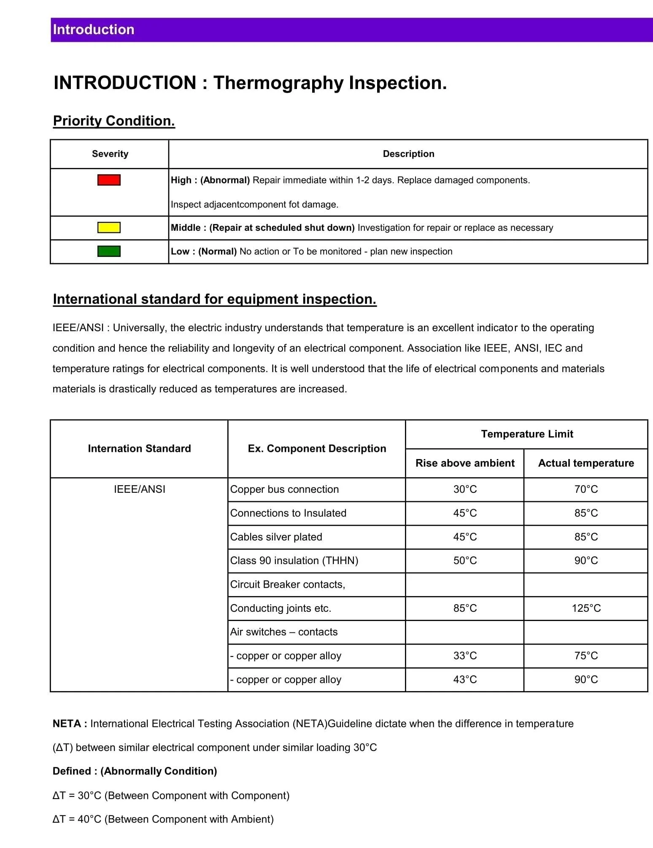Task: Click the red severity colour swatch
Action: [109, 180]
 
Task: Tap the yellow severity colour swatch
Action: [109, 228]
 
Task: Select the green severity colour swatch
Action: [109, 251]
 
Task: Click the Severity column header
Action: [110, 154]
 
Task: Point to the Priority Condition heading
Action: [114, 121]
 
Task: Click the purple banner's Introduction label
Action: [94, 30]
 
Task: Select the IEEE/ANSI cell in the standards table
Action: [139, 489]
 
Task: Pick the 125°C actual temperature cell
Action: [586, 608]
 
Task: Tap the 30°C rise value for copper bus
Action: [465, 489]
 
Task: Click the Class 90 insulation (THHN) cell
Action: [294, 561]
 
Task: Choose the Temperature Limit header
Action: [527, 434]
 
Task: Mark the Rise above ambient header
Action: [465, 463]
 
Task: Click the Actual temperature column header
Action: [586, 463]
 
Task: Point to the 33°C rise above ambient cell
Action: [465, 656]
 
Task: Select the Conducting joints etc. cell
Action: [281, 608]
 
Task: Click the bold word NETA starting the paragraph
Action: [67, 724]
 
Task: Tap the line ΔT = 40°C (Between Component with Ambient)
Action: [163, 819]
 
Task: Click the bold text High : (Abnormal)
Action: [210, 180]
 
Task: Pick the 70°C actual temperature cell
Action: [586, 489]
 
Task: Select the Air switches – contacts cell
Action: [284, 632]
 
